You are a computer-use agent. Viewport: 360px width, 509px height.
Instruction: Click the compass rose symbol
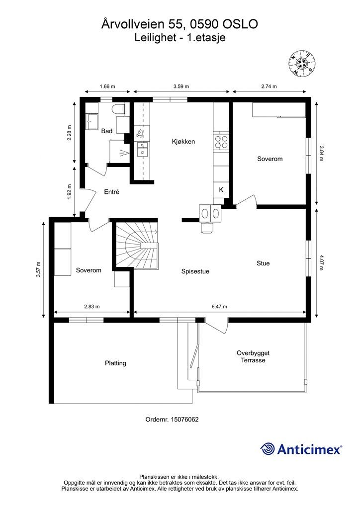[302, 63]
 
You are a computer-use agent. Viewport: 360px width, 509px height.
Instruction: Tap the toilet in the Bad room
[118, 109]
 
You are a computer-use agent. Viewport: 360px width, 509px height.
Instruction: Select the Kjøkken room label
[183, 142]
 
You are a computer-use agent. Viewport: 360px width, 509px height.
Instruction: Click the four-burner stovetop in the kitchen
[221, 142]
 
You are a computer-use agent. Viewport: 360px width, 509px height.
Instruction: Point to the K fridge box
[221, 189]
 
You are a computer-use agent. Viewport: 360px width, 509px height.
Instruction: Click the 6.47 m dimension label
[219, 306]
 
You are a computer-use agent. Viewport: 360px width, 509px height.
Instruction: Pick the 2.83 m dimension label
[92, 306]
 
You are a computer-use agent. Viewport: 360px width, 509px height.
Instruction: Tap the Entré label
[112, 192]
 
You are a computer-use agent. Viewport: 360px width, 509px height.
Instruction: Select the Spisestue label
[195, 272]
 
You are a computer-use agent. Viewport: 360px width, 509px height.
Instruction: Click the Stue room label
[263, 263]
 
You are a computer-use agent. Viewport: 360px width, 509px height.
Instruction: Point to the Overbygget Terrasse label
[253, 356]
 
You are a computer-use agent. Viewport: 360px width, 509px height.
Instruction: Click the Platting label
[115, 363]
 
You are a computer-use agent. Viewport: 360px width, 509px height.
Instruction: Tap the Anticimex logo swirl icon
[268, 449]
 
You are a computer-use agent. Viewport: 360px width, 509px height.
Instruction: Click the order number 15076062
[184, 420]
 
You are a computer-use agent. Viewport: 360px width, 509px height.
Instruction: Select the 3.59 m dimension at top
[181, 86]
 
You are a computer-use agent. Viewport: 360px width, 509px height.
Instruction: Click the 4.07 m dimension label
[321, 262]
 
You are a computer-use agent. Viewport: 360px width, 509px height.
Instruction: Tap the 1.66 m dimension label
[107, 86]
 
